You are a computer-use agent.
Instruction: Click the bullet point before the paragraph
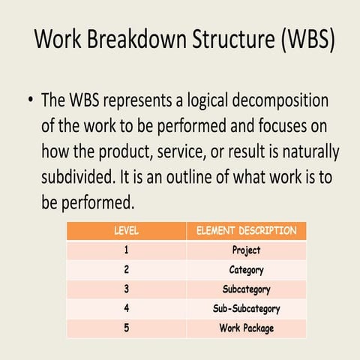pos(29,101)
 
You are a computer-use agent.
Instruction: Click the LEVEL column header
pos(126,231)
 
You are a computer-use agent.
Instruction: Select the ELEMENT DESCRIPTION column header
pos(246,231)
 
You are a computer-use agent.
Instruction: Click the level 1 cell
pos(126,250)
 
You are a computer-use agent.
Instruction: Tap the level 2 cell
pos(126,270)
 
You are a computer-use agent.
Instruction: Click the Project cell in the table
pos(246,250)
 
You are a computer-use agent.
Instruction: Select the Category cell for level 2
pos(246,270)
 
